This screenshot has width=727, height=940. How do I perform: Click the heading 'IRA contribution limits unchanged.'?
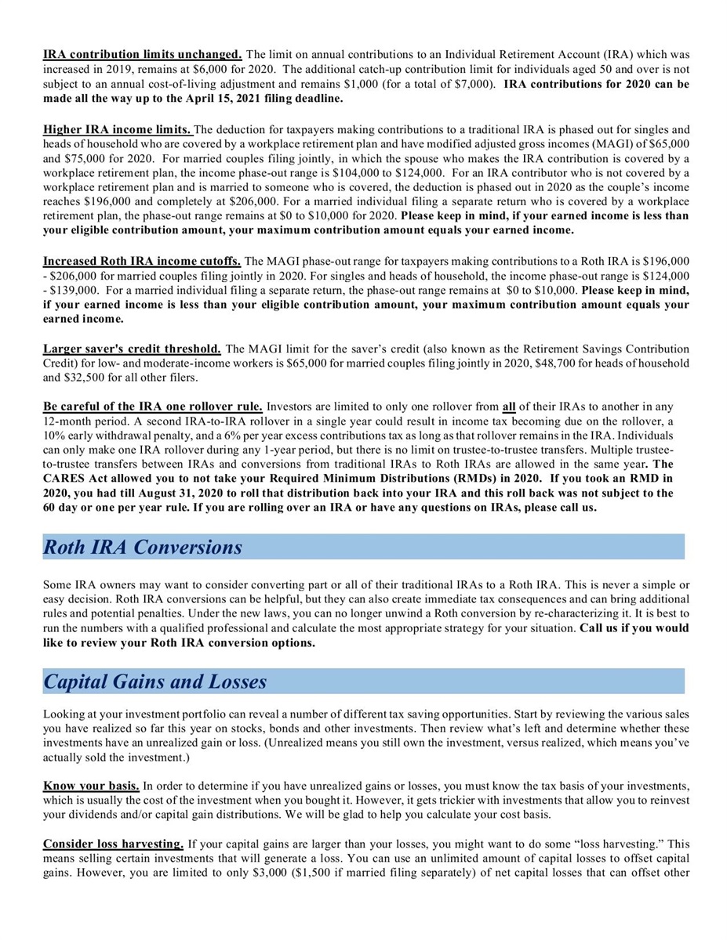(143, 55)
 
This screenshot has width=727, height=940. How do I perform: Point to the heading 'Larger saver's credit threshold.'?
(132, 349)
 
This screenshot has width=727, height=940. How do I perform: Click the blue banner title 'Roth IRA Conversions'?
(143, 547)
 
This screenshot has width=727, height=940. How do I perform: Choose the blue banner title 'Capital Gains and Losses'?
(155, 681)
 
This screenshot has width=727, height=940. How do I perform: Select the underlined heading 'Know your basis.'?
(92, 785)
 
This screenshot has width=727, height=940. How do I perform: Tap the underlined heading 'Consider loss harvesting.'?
(114, 844)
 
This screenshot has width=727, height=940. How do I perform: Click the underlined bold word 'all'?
(510, 407)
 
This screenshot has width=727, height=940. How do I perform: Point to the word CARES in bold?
(63, 479)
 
